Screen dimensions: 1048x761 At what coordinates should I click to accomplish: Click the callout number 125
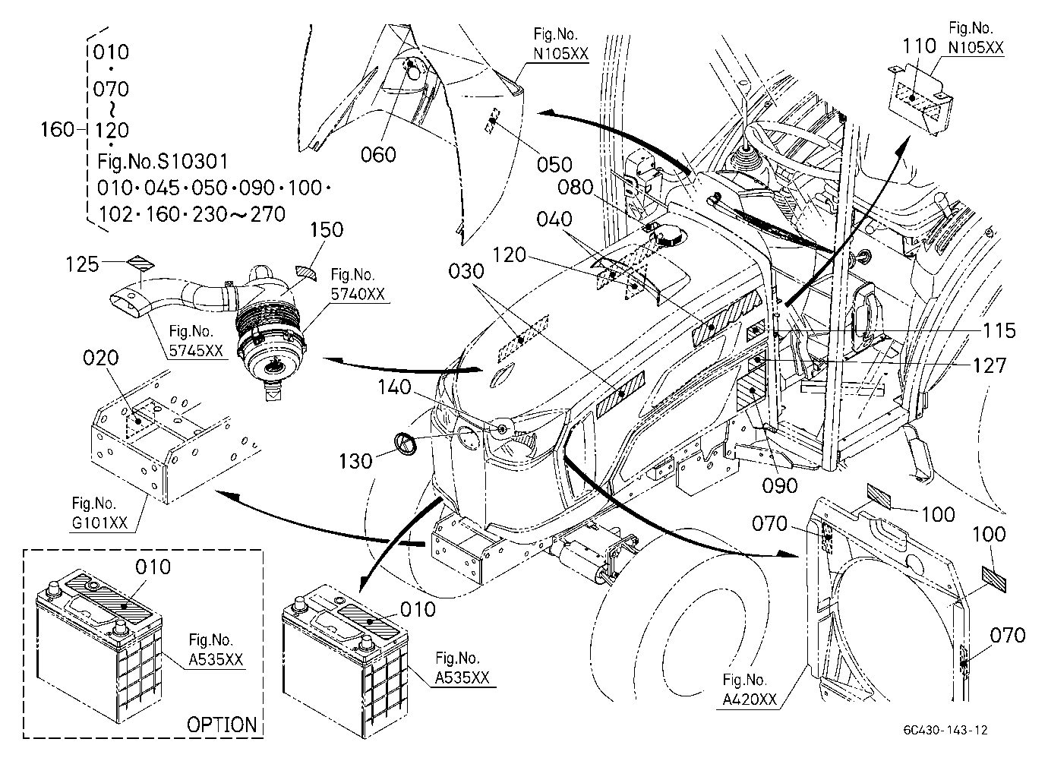[82, 264]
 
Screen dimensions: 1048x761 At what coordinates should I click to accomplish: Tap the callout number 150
[327, 230]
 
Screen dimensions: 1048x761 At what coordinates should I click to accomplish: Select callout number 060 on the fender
[378, 154]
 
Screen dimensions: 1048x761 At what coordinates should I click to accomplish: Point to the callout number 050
[554, 165]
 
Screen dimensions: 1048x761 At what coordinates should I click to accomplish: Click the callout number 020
[100, 358]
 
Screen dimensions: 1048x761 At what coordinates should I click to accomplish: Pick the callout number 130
[355, 462]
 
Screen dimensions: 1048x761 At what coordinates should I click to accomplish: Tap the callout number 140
[394, 387]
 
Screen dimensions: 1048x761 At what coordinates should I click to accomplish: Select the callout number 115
[999, 331]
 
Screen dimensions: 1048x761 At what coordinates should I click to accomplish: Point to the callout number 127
[990, 366]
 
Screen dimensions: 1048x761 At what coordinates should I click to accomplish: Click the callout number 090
[780, 486]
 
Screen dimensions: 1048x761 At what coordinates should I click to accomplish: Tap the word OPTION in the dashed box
[222, 725]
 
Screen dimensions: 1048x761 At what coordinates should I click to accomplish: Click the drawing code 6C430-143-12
[945, 730]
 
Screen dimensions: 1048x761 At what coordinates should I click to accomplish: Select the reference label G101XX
[99, 523]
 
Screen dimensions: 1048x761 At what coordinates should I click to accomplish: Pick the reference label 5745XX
[196, 351]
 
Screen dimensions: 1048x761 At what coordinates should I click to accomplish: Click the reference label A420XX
[750, 699]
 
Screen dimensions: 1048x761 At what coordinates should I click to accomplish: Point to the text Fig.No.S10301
[163, 162]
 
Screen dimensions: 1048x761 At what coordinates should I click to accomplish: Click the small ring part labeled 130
[406, 444]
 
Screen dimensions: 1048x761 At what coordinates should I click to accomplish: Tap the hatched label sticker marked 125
[142, 264]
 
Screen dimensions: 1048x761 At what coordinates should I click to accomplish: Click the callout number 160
[58, 130]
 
